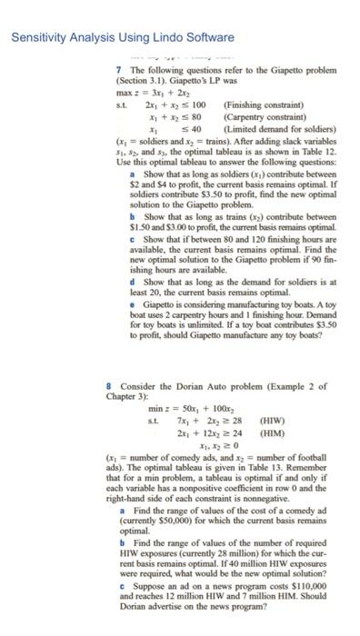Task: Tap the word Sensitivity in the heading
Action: (37, 37)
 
